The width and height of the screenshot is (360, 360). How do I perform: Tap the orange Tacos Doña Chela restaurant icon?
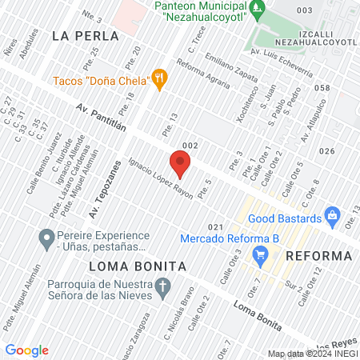point(161,78)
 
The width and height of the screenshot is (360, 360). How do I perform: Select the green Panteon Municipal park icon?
point(256,10)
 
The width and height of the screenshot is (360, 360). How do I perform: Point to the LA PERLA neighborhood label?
point(85,36)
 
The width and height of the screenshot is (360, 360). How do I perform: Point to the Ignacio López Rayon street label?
point(160,172)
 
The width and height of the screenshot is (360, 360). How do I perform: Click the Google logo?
point(26,350)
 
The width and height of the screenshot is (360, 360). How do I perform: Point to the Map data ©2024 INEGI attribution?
point(312,354)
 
